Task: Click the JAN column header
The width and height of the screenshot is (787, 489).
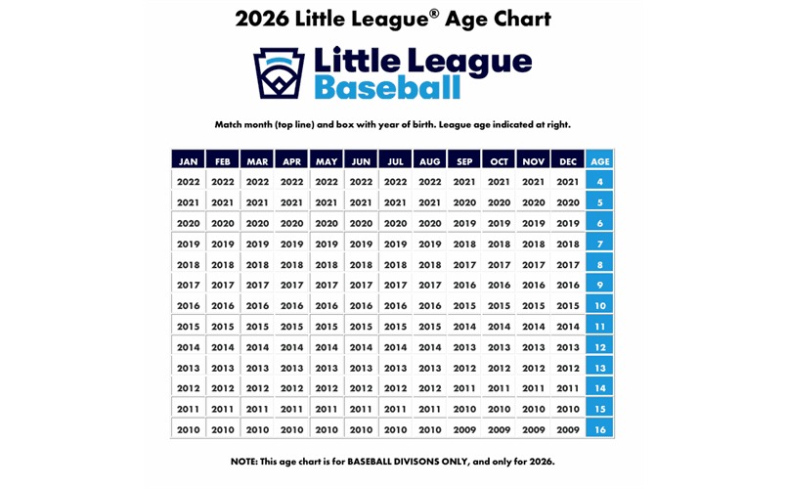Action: pyautogui.click(x=189, y=160)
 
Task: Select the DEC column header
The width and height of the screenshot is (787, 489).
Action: pyautogui.click(x=568, y=160)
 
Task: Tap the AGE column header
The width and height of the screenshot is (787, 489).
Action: pyautogui.click(x=599, y=160)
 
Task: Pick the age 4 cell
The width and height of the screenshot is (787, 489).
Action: pyautogui.click(x=599, y=181)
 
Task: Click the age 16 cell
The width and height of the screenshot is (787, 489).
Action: pyautogui.click(x=599, y=429)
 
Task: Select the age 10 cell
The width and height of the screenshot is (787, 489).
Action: pyautogui.click(x=599, y=305)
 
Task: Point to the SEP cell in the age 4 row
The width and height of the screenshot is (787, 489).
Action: pyautogui.click(x=464, y=181)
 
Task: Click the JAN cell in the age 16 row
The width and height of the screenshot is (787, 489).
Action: pyautogui.click(x=189, y=429)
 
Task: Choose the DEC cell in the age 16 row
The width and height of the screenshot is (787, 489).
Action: pyautogui.click(x=568, y=429)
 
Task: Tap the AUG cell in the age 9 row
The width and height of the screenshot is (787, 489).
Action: pyautogui.click(x=430, y=285)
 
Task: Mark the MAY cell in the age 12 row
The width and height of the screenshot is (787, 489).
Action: pyautogui.click(x=327, y=347)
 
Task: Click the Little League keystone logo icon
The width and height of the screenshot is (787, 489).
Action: pyautogui.click(x=279, y=73)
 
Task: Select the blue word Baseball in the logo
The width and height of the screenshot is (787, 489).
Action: pyautogui.click(x=387, y=88)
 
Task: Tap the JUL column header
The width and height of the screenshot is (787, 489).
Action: pyautogui.click(x=396, y=160)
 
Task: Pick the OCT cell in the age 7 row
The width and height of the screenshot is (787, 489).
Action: pyautogui.click(x=499, y=244)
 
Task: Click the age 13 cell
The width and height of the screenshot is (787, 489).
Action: pyautogui.click(x=599, y=368)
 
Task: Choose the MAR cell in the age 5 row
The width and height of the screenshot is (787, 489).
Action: pyautogui.click(x=257, y=202)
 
